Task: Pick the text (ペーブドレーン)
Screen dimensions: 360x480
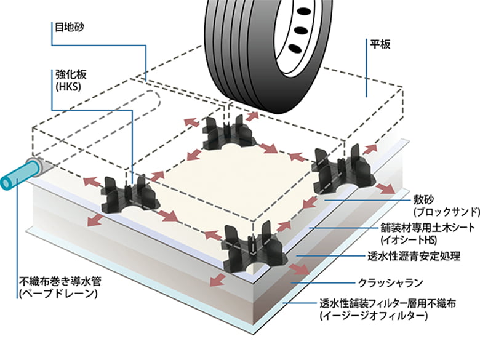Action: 59,295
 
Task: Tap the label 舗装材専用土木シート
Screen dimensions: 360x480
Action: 425,229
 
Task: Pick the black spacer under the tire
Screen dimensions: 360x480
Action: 228,133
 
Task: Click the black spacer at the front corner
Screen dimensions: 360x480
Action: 255,250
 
